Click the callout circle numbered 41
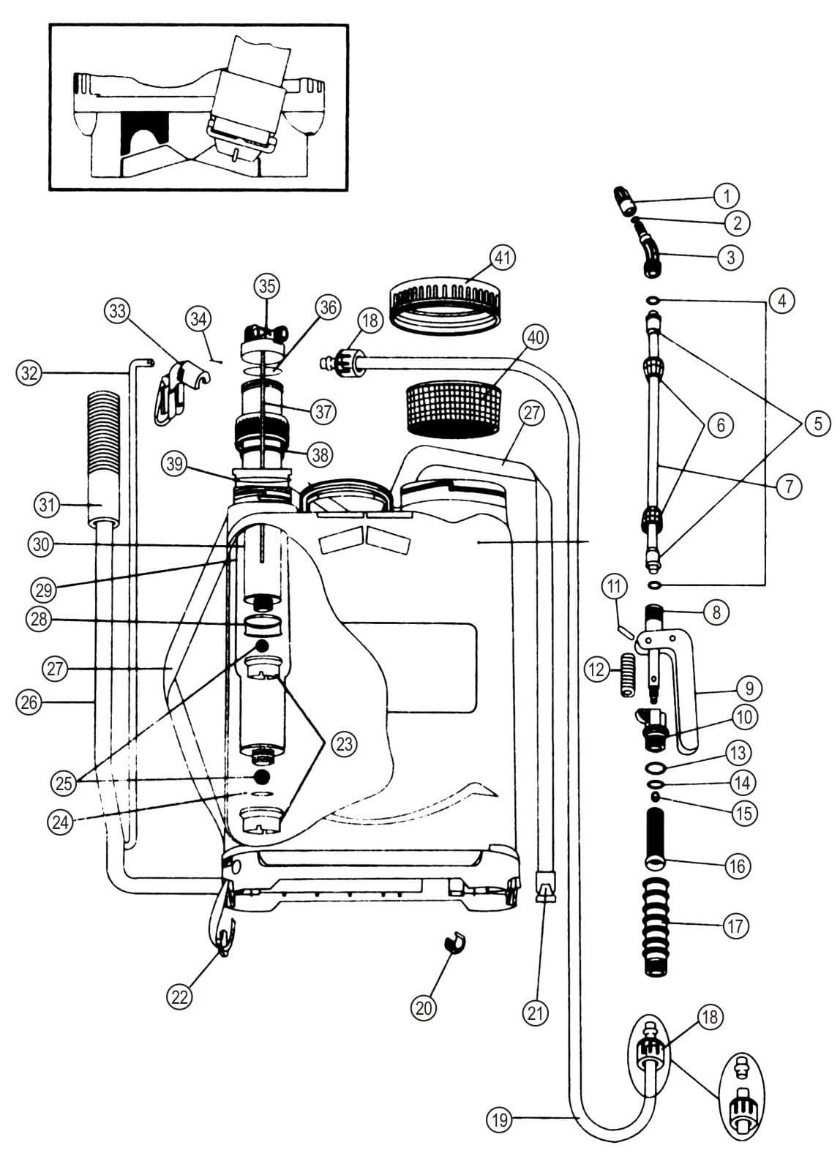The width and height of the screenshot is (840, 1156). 502,258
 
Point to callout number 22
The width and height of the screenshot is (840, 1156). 179,997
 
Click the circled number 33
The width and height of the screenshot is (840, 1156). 118,312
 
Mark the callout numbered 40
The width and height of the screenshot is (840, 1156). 536,337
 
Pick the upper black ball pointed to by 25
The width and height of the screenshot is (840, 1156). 262,645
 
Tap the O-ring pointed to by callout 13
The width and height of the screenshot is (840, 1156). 656,767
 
